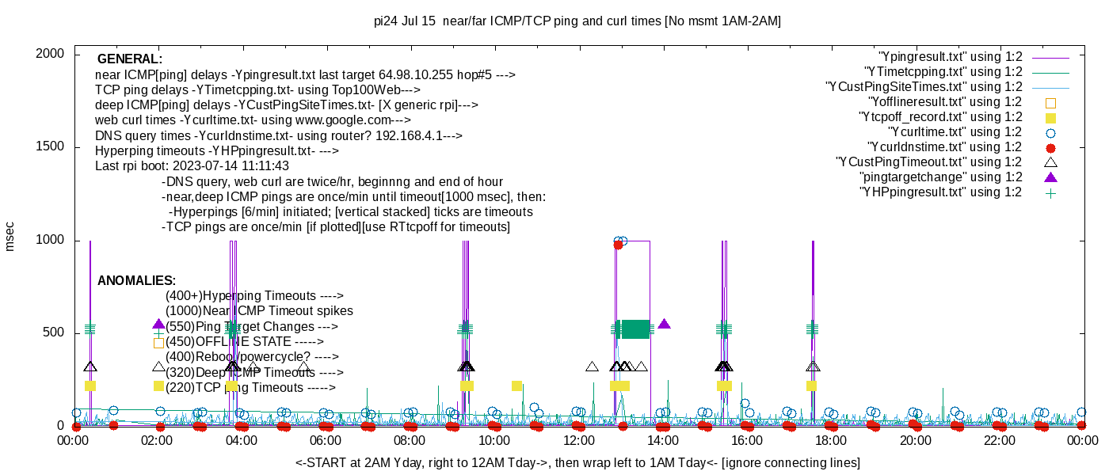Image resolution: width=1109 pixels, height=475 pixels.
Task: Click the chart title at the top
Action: (x=577, y=21)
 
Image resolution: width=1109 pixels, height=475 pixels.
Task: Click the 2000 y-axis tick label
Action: (x=51, y=54)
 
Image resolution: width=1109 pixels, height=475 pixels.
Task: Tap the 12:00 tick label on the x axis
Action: (x=578, y=441)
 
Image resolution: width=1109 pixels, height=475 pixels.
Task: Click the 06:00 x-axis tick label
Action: (x=326, y=441)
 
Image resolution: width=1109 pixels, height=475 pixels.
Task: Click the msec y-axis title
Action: (x=10, y=237)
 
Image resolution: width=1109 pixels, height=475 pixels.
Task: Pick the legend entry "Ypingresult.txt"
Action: (x=950, y=57)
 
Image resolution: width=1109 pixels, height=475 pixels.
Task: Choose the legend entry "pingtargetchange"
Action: (x=943, y=177)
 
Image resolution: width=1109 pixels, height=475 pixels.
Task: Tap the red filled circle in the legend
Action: (x=1051, y=147)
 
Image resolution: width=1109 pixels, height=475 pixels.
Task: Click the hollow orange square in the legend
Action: (x=1051, y=102)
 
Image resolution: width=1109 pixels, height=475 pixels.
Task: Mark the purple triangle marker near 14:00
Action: (x=664, y=324)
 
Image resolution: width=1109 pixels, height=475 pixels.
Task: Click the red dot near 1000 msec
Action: (x=618, y=245)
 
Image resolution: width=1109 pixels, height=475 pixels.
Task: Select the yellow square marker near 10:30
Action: (x=516, y=386)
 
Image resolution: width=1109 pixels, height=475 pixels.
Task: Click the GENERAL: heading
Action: (x=130, y=59)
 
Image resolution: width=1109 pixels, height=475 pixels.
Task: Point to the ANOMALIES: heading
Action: (x=136, y=281)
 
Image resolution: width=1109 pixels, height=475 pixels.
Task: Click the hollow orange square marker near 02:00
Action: (x=158, y=343)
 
